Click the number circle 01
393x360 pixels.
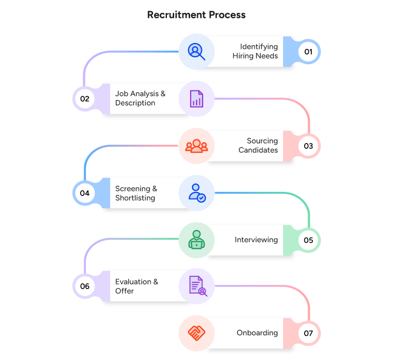coord(308,51)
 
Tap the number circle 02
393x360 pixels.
coord(85,98)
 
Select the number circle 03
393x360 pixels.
coord(308,146)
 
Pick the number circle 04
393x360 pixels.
coord(85,193)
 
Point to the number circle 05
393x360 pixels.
coord(308,240)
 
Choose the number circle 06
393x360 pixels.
coord(85,286)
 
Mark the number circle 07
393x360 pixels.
coord(308,333)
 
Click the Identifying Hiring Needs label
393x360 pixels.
coord(255,51)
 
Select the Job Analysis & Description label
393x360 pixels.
coord(140,98)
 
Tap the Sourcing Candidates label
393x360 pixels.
coord(258,146)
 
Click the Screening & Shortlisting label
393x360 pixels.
coord(136,193)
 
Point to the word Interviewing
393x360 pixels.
coord(256,240)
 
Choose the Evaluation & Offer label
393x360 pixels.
coord(137,286)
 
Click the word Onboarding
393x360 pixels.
coord(257,333)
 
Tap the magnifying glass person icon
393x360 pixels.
coord(196,51)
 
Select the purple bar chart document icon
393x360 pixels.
coord(196,98)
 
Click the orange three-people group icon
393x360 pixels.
coord(196,146)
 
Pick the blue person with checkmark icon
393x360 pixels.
coord(197,193)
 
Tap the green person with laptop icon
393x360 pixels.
coord(196,240)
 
